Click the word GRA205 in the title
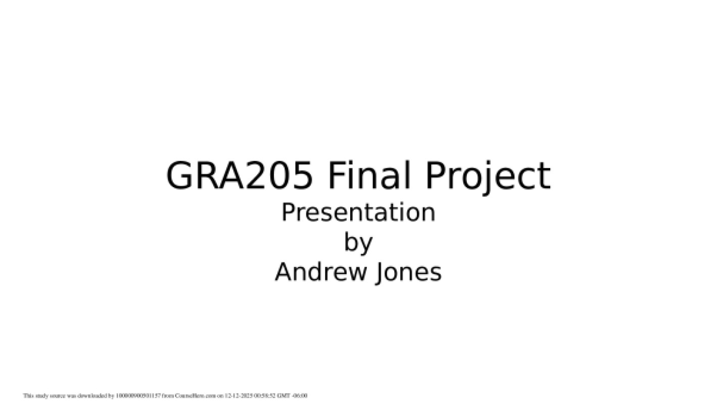[x=239, y=176]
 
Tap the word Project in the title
[x=488, y=176]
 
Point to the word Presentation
[x=358, y=212]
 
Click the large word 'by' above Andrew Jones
[x=358, y=243]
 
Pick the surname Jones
[x=409, y=272]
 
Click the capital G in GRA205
[x=181, y=176]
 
